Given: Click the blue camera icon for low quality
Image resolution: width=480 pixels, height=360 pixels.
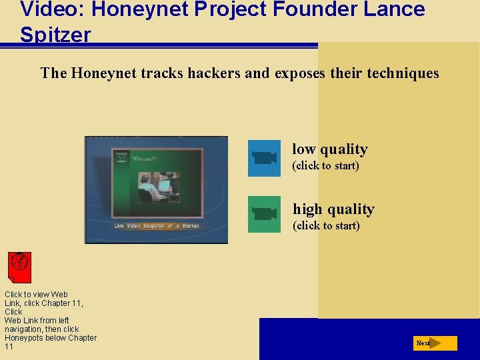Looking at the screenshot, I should point(264,158).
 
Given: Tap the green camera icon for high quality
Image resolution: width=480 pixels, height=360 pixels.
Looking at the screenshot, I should point(264,214).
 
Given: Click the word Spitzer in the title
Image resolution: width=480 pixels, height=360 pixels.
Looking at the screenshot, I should point(55,35).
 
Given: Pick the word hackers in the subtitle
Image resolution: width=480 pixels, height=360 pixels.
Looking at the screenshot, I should point(213,73).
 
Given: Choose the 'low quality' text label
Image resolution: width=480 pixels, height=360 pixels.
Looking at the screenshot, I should point(329,149).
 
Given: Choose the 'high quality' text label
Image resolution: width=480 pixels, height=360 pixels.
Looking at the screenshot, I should point(333,209).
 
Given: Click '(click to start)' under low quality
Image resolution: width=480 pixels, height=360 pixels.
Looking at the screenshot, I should point(325,165).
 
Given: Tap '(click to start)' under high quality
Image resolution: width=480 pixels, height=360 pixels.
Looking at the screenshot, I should point(326,225).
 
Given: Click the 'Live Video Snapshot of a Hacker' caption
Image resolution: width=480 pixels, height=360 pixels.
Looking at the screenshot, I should point(157,226).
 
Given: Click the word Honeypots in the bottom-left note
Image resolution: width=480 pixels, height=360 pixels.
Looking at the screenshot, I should point(24,338).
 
